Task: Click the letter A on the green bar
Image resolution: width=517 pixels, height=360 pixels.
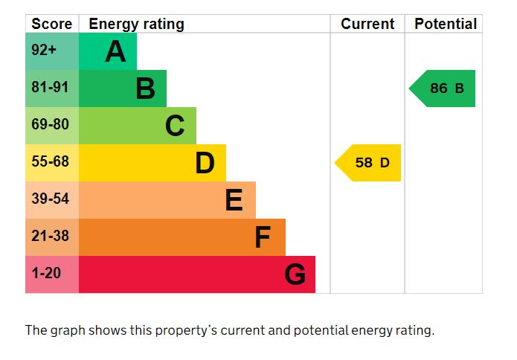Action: pos(115,51)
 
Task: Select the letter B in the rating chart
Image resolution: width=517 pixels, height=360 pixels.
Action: pos(145,89)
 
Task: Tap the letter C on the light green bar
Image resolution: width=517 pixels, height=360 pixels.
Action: pos(175,126)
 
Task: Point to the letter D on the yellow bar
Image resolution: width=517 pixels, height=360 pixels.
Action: pos(205,163)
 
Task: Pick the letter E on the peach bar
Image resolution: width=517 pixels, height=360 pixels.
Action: pos(234,200)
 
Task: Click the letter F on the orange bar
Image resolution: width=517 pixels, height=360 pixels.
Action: pos(263,237)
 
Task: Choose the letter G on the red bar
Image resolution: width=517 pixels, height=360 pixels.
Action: pos(295,274)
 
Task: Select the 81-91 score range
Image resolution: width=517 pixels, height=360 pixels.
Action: pos(50,87)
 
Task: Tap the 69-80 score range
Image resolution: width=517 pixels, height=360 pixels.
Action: pos(50,124)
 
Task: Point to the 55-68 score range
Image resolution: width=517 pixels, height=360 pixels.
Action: pos(50,161)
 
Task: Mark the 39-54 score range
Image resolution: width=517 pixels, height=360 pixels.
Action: pos(50,199)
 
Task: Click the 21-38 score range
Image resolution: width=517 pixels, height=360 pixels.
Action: pos(50,236)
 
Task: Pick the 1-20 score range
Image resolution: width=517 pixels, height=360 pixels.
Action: pos(46,273)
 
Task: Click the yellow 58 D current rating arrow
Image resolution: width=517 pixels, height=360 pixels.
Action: pos(368,163)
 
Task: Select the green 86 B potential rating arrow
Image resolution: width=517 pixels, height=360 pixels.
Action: pos(442,89)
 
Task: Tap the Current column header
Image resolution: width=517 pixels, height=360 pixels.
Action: pos(367,24)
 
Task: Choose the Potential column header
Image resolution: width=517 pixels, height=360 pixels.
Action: pos(446,24)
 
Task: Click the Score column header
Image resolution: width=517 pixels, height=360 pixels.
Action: pos(52,24)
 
